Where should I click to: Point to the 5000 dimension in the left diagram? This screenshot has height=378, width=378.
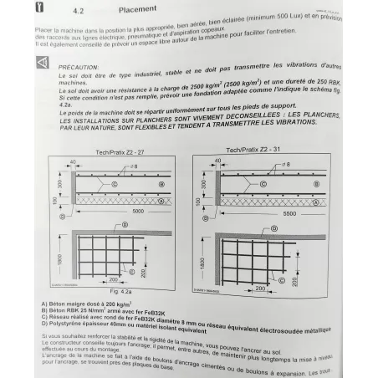point(139,213)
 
